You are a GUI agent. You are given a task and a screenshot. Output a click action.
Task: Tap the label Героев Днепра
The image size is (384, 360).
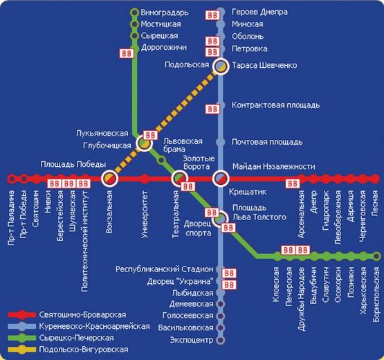click(259, 12)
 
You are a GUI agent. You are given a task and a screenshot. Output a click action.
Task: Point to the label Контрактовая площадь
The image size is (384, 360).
click(275, 105)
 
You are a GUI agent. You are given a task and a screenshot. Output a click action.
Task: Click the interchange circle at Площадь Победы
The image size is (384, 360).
click(110, 179)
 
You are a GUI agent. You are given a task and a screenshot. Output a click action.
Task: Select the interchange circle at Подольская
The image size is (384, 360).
click(221, 66)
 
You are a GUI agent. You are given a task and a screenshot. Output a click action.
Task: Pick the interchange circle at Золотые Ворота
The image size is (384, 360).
click(181, 179)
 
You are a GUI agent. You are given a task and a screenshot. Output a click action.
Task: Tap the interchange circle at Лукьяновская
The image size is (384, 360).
click(144, 143)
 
